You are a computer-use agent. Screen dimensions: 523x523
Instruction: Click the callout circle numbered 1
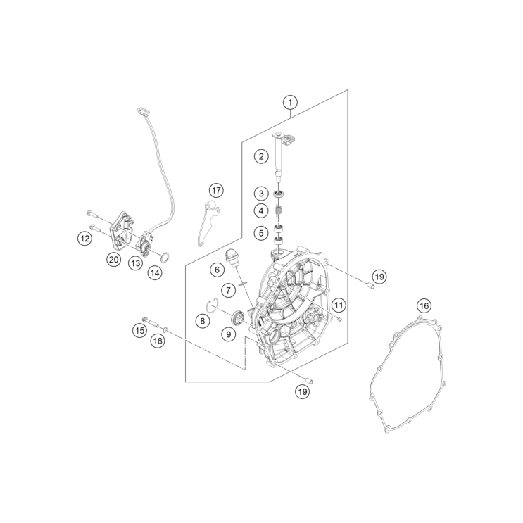pyautogui.click(x=289, y=102)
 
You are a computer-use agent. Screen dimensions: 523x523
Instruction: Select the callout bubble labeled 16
pyautogui.click(x=423, y=305)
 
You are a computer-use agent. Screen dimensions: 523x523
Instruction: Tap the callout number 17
pyautogui.click(x=216, y=190)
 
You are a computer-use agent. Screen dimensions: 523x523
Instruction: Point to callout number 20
pyautogui.click(x=113, y=259)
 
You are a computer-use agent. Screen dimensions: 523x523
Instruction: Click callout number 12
pyautogui.click(x=84, y=239)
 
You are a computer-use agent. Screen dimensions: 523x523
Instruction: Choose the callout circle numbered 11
pyautogui.click(x=339, y=305)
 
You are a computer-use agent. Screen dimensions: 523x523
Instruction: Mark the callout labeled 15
pyautogui.click(x=140, y=329)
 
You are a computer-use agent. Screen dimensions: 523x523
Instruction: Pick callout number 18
pyautogui.click(x=158, y=341)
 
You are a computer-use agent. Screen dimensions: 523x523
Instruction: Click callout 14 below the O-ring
pyautogui.click(x=154, y=272)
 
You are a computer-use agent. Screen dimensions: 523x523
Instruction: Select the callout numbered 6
pyautogui.click(x=216, y=269)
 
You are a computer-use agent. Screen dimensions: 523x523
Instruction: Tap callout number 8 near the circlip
pyautogui.click(x=203, y=321)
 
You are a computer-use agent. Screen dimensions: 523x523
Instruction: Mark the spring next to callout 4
pyautogui.click(x=279, y=210)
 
